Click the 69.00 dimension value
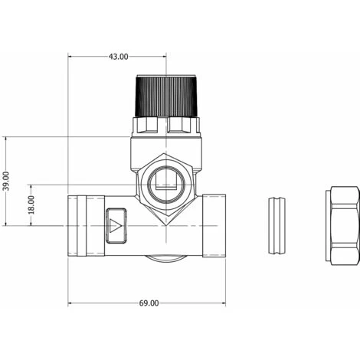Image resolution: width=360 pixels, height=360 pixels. tap(149, 303)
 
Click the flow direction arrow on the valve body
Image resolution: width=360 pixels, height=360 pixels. tap(116, 225)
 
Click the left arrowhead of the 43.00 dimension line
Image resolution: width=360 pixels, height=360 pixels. tap(71, 57)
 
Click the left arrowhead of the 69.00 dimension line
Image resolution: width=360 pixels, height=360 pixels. tap(71, 303)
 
